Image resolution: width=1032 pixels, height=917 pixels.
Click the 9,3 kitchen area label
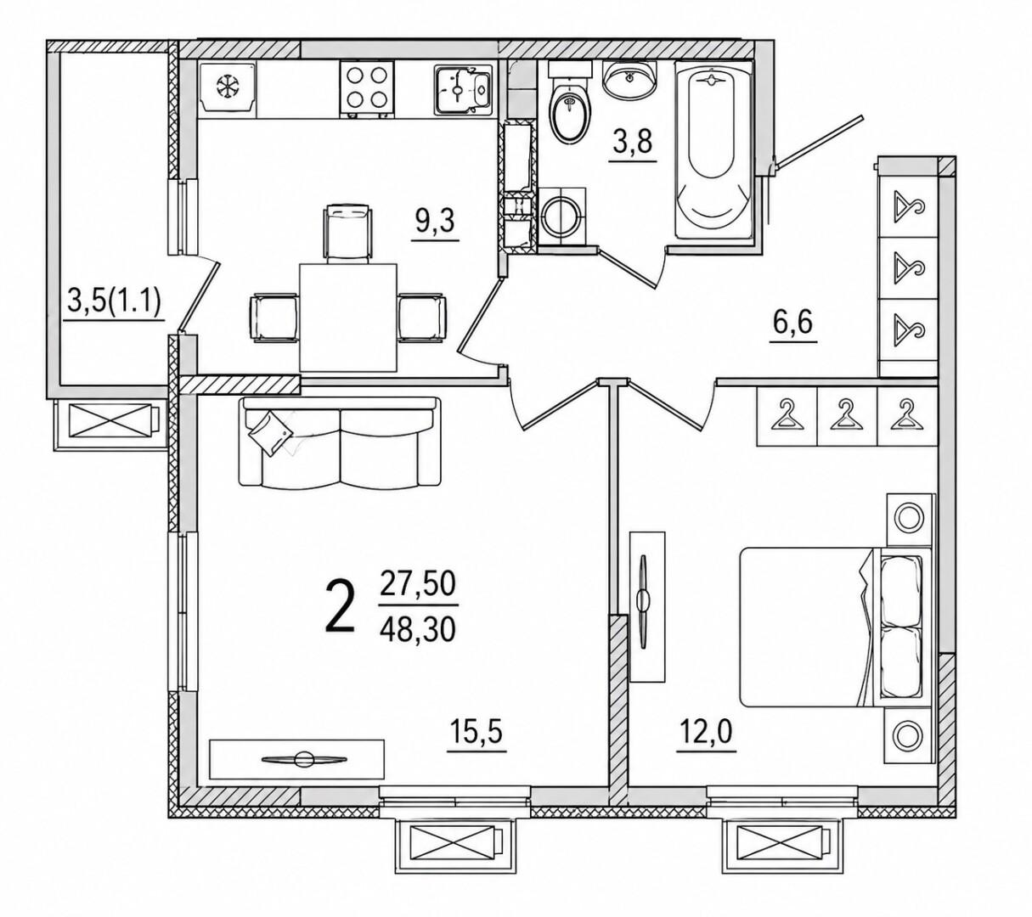[435, 222]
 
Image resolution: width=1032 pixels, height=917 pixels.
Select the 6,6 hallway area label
[792, 323]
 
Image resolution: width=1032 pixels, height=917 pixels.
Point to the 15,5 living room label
[477, 732]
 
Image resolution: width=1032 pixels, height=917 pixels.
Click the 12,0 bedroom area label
[706, 732]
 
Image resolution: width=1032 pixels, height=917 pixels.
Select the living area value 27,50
[417, 584]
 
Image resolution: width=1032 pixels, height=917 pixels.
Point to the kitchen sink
[463, 90]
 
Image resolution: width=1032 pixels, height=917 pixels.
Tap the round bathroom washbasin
[628, 80]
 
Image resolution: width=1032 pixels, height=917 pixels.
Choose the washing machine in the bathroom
[561, 217]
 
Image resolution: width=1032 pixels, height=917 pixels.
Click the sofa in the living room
[339, 442]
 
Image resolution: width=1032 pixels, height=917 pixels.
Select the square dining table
[348, 318]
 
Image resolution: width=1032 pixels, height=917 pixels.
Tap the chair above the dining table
[347, 233]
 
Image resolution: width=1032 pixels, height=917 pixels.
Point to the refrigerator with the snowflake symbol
[227, 90]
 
